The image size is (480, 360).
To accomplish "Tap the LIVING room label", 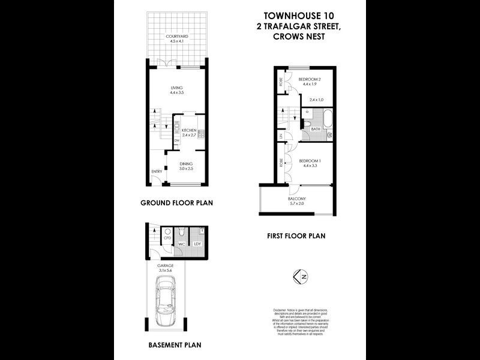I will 176,88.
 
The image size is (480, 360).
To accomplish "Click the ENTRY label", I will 156,172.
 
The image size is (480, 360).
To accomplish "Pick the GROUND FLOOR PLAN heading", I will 176,203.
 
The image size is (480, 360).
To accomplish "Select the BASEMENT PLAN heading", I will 174,345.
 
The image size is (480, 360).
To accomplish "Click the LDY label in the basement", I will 197,244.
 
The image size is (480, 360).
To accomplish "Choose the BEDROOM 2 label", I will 310,80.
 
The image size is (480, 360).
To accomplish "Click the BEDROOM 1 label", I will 310,161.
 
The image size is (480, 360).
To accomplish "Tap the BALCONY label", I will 297,199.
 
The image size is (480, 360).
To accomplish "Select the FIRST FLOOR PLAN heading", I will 296,236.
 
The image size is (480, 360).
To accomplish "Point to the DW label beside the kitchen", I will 177,140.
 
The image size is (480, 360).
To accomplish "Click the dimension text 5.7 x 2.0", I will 297,204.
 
